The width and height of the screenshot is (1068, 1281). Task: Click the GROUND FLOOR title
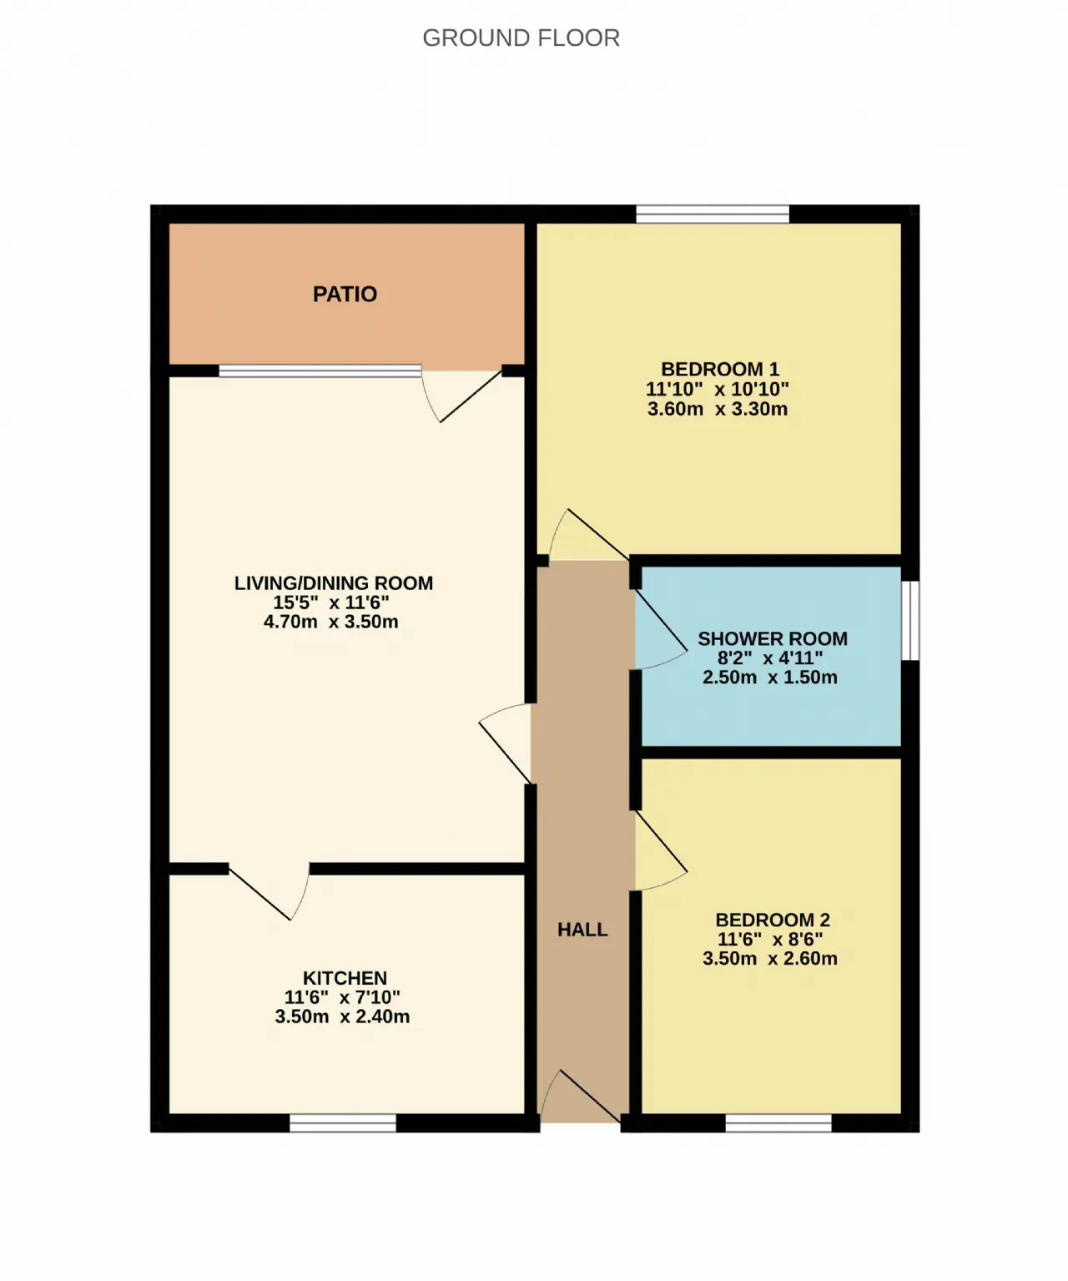coord(521,38)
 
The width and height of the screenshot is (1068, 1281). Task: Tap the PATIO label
coord(345,295)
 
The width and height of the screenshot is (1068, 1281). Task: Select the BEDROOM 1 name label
coord(719,370)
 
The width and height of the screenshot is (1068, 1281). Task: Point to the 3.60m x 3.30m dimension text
coord(717,409)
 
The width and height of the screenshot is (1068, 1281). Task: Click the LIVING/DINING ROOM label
coord(334,583)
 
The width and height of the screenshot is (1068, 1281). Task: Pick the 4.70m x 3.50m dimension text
coord(330,622)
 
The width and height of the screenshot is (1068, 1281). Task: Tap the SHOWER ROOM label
coord(773,638)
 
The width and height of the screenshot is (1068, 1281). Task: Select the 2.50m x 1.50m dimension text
coord(769,678)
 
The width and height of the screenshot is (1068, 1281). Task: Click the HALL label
coord(582,930)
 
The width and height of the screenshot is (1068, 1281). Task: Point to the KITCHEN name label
coord(345,978)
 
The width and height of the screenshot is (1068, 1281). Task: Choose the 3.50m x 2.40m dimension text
coord(342,1016)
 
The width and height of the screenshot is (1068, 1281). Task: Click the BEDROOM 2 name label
coord(773,920)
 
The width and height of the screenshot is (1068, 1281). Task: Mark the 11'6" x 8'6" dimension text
coord(770,939)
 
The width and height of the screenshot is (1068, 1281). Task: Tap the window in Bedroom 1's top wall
coord(713,214)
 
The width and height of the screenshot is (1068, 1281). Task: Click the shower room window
coord(910,620)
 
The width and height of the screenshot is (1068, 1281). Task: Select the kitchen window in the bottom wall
coord(343,1122)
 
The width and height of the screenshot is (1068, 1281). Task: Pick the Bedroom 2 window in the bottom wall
coord(778,1122)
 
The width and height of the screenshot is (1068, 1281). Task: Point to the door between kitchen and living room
coord(269,893)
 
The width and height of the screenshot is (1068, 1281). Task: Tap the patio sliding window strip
coord(320,371)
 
